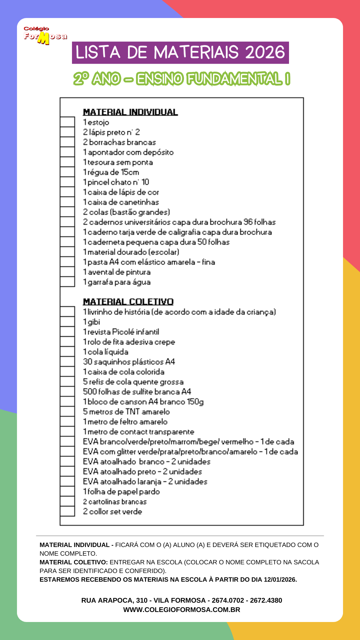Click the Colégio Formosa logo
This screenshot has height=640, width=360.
[45, 35]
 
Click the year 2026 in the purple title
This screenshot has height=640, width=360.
[265, 53]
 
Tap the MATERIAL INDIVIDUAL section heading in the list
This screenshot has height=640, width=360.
[130, 112]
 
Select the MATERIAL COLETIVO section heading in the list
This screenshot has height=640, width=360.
[128, 302]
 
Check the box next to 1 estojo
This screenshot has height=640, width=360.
[67, 122]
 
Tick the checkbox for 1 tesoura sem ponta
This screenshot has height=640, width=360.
[67, 162]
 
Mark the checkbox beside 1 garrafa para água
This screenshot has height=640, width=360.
[67, 282]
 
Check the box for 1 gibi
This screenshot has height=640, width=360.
[67, 322]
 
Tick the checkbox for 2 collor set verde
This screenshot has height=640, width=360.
[67, 511]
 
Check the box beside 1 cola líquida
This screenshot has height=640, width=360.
[67, 352]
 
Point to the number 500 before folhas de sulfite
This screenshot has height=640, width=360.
[90, 392]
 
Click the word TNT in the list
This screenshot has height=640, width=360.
[132, 412]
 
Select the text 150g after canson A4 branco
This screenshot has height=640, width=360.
[195, 402]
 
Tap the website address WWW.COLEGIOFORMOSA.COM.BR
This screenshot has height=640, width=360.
[182, 610]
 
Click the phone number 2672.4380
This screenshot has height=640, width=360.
[266, 600]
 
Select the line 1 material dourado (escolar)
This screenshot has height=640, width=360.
[131, 252]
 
